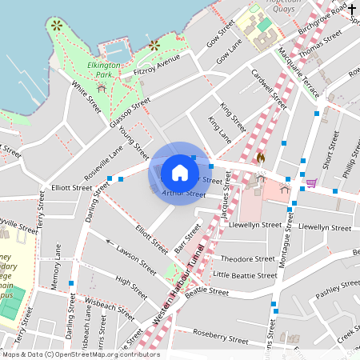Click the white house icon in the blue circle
point(180,173)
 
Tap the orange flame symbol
point(260,158)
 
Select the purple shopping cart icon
point(310,183)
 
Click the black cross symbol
point(352,9)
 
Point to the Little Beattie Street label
point(245,275)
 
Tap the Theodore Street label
point(248,259)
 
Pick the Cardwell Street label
point(268,90)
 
